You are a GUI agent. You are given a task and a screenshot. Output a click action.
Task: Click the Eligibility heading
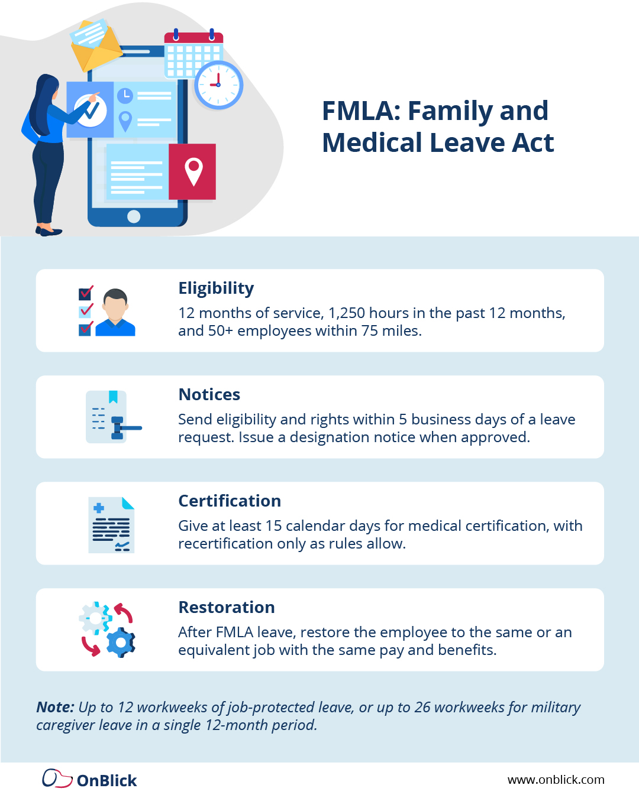(x=216, y=288)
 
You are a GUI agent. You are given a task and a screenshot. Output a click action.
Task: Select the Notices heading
(x=209, y=394)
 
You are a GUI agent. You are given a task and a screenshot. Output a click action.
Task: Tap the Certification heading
(x=230, y=501)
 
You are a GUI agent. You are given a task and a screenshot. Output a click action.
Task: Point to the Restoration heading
(x=227, y=607)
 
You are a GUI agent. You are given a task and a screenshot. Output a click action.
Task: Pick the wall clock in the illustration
(x=218, y=85)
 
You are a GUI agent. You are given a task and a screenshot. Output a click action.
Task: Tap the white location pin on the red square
(x=193, y=171)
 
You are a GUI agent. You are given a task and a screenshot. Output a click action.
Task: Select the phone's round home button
(x=134, y=216)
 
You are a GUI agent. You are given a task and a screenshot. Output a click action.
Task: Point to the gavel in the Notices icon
(x=121, y=427)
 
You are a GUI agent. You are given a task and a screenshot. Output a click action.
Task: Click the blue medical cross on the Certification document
(x=99, y=508)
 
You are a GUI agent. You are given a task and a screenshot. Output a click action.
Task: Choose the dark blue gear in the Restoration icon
(x=121, y=642)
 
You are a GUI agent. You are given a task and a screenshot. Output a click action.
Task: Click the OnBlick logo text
(x=106, y=781)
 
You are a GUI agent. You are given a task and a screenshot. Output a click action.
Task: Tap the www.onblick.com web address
(x=556, y=780)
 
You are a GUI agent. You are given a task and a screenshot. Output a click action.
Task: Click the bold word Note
(x=55, y=707)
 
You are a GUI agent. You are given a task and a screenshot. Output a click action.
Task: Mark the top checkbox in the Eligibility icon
(x=86, y=293)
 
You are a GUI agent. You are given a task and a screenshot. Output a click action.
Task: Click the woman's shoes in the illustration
(x=49, y=231)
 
